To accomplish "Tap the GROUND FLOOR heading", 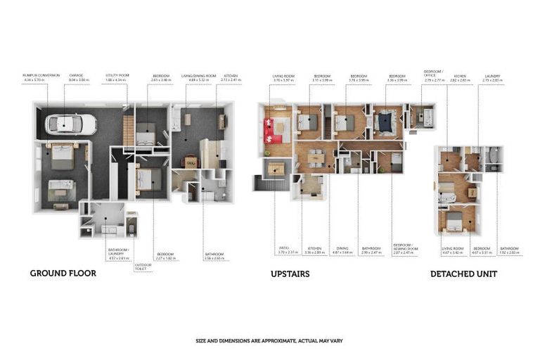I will [x=63, y=273].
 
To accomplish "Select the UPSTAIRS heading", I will [x=290, y=273].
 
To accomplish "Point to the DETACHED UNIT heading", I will [x=463, y=274].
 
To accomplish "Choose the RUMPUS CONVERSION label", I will [x=41, y=75].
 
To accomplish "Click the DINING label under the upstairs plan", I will [x=342, y=248].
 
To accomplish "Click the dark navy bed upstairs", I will [x=386, y=124].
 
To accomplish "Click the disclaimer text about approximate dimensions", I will [x=269, y=340].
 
